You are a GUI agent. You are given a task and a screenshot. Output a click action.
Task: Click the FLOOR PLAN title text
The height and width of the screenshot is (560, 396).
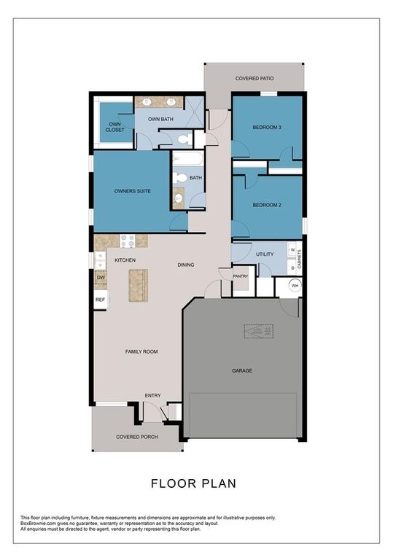pos(193,483)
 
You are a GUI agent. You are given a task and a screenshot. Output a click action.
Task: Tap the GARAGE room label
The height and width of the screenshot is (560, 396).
pos(242,370)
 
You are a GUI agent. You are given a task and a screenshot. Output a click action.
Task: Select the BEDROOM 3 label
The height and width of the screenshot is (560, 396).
pos(266,128)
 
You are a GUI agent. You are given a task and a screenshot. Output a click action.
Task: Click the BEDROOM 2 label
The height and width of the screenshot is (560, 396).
pos(267,205)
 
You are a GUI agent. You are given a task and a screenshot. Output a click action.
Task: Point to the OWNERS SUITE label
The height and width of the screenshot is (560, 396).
pos(133,191)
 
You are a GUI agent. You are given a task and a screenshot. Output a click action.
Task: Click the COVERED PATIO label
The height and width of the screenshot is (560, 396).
pos(255,77)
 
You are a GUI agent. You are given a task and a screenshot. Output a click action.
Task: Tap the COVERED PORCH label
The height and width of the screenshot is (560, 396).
pos(134,437)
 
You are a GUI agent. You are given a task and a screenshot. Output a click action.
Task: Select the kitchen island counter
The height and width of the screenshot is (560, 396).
pos(137,285)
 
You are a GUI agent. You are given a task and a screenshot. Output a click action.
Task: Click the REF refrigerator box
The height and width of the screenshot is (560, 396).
pos(101,300)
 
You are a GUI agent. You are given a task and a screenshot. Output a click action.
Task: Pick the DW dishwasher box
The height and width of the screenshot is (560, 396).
pos(101,278)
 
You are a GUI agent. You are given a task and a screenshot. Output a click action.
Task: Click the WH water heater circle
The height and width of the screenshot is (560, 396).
pos(295,286)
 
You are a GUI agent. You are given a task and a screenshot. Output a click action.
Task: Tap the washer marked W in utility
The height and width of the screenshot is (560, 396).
pos(292,250)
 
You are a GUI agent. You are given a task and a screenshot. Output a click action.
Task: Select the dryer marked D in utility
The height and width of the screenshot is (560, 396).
pos(292,268)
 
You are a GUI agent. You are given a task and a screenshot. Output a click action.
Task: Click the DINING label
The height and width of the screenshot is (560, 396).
pos(185,265)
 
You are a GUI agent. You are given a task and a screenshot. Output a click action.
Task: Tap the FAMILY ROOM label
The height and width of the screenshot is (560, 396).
pos(141,351)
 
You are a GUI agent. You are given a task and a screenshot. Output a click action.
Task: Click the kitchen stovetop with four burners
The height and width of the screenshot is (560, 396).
pos(128,241)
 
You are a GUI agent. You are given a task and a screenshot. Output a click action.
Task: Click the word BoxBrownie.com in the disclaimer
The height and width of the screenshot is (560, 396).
pos(41,523)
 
